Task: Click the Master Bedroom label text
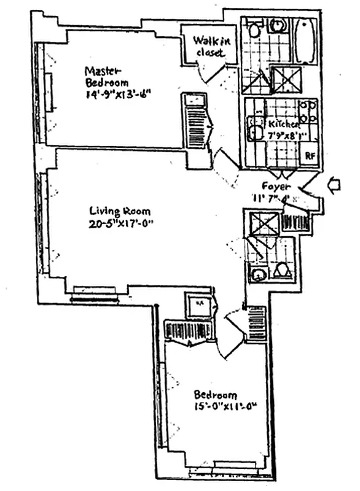pos(107,75)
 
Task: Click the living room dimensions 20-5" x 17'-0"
pos(120,223)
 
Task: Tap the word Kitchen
pos(283,125)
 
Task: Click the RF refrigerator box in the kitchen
pos(310,155)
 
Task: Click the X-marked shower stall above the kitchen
pos(284,79)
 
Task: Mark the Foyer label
pos(273,186)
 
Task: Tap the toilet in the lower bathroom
pos(282,269)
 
